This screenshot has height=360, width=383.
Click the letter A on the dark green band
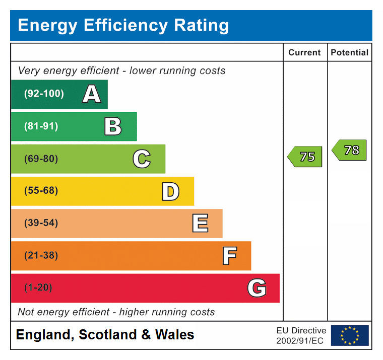[x=91, y=94]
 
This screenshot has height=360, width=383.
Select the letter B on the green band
[x=113, y=126]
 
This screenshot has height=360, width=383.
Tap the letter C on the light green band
[x=142, y=159]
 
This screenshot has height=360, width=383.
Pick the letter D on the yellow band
[x=170, y=191]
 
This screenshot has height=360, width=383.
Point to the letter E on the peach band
[x=200, y=224]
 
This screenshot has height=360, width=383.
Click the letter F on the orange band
[x=229, y=256]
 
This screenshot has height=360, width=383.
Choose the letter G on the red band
[x=257, y=288]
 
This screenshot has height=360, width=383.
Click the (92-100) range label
[x=44, y=94]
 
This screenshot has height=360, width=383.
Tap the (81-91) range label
[x=41, y=126]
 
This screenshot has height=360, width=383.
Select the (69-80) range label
[x=41, y=159]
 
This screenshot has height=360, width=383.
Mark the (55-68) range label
[x=41, y=191]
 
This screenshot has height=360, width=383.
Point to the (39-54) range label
[x=41, y=224]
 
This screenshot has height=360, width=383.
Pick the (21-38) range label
[x=41, y=256]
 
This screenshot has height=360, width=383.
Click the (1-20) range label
[x=38, y=288]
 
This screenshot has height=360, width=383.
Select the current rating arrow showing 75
[x=305, y=157]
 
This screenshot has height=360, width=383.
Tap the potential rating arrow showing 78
[x=350, y=150]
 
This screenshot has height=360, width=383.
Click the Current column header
[x=304, y=52]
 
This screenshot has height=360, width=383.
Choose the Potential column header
[x=350, y=52]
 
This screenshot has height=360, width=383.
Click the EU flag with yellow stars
[x=350, y=335]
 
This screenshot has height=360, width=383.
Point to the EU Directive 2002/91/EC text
[x=301, y=335]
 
